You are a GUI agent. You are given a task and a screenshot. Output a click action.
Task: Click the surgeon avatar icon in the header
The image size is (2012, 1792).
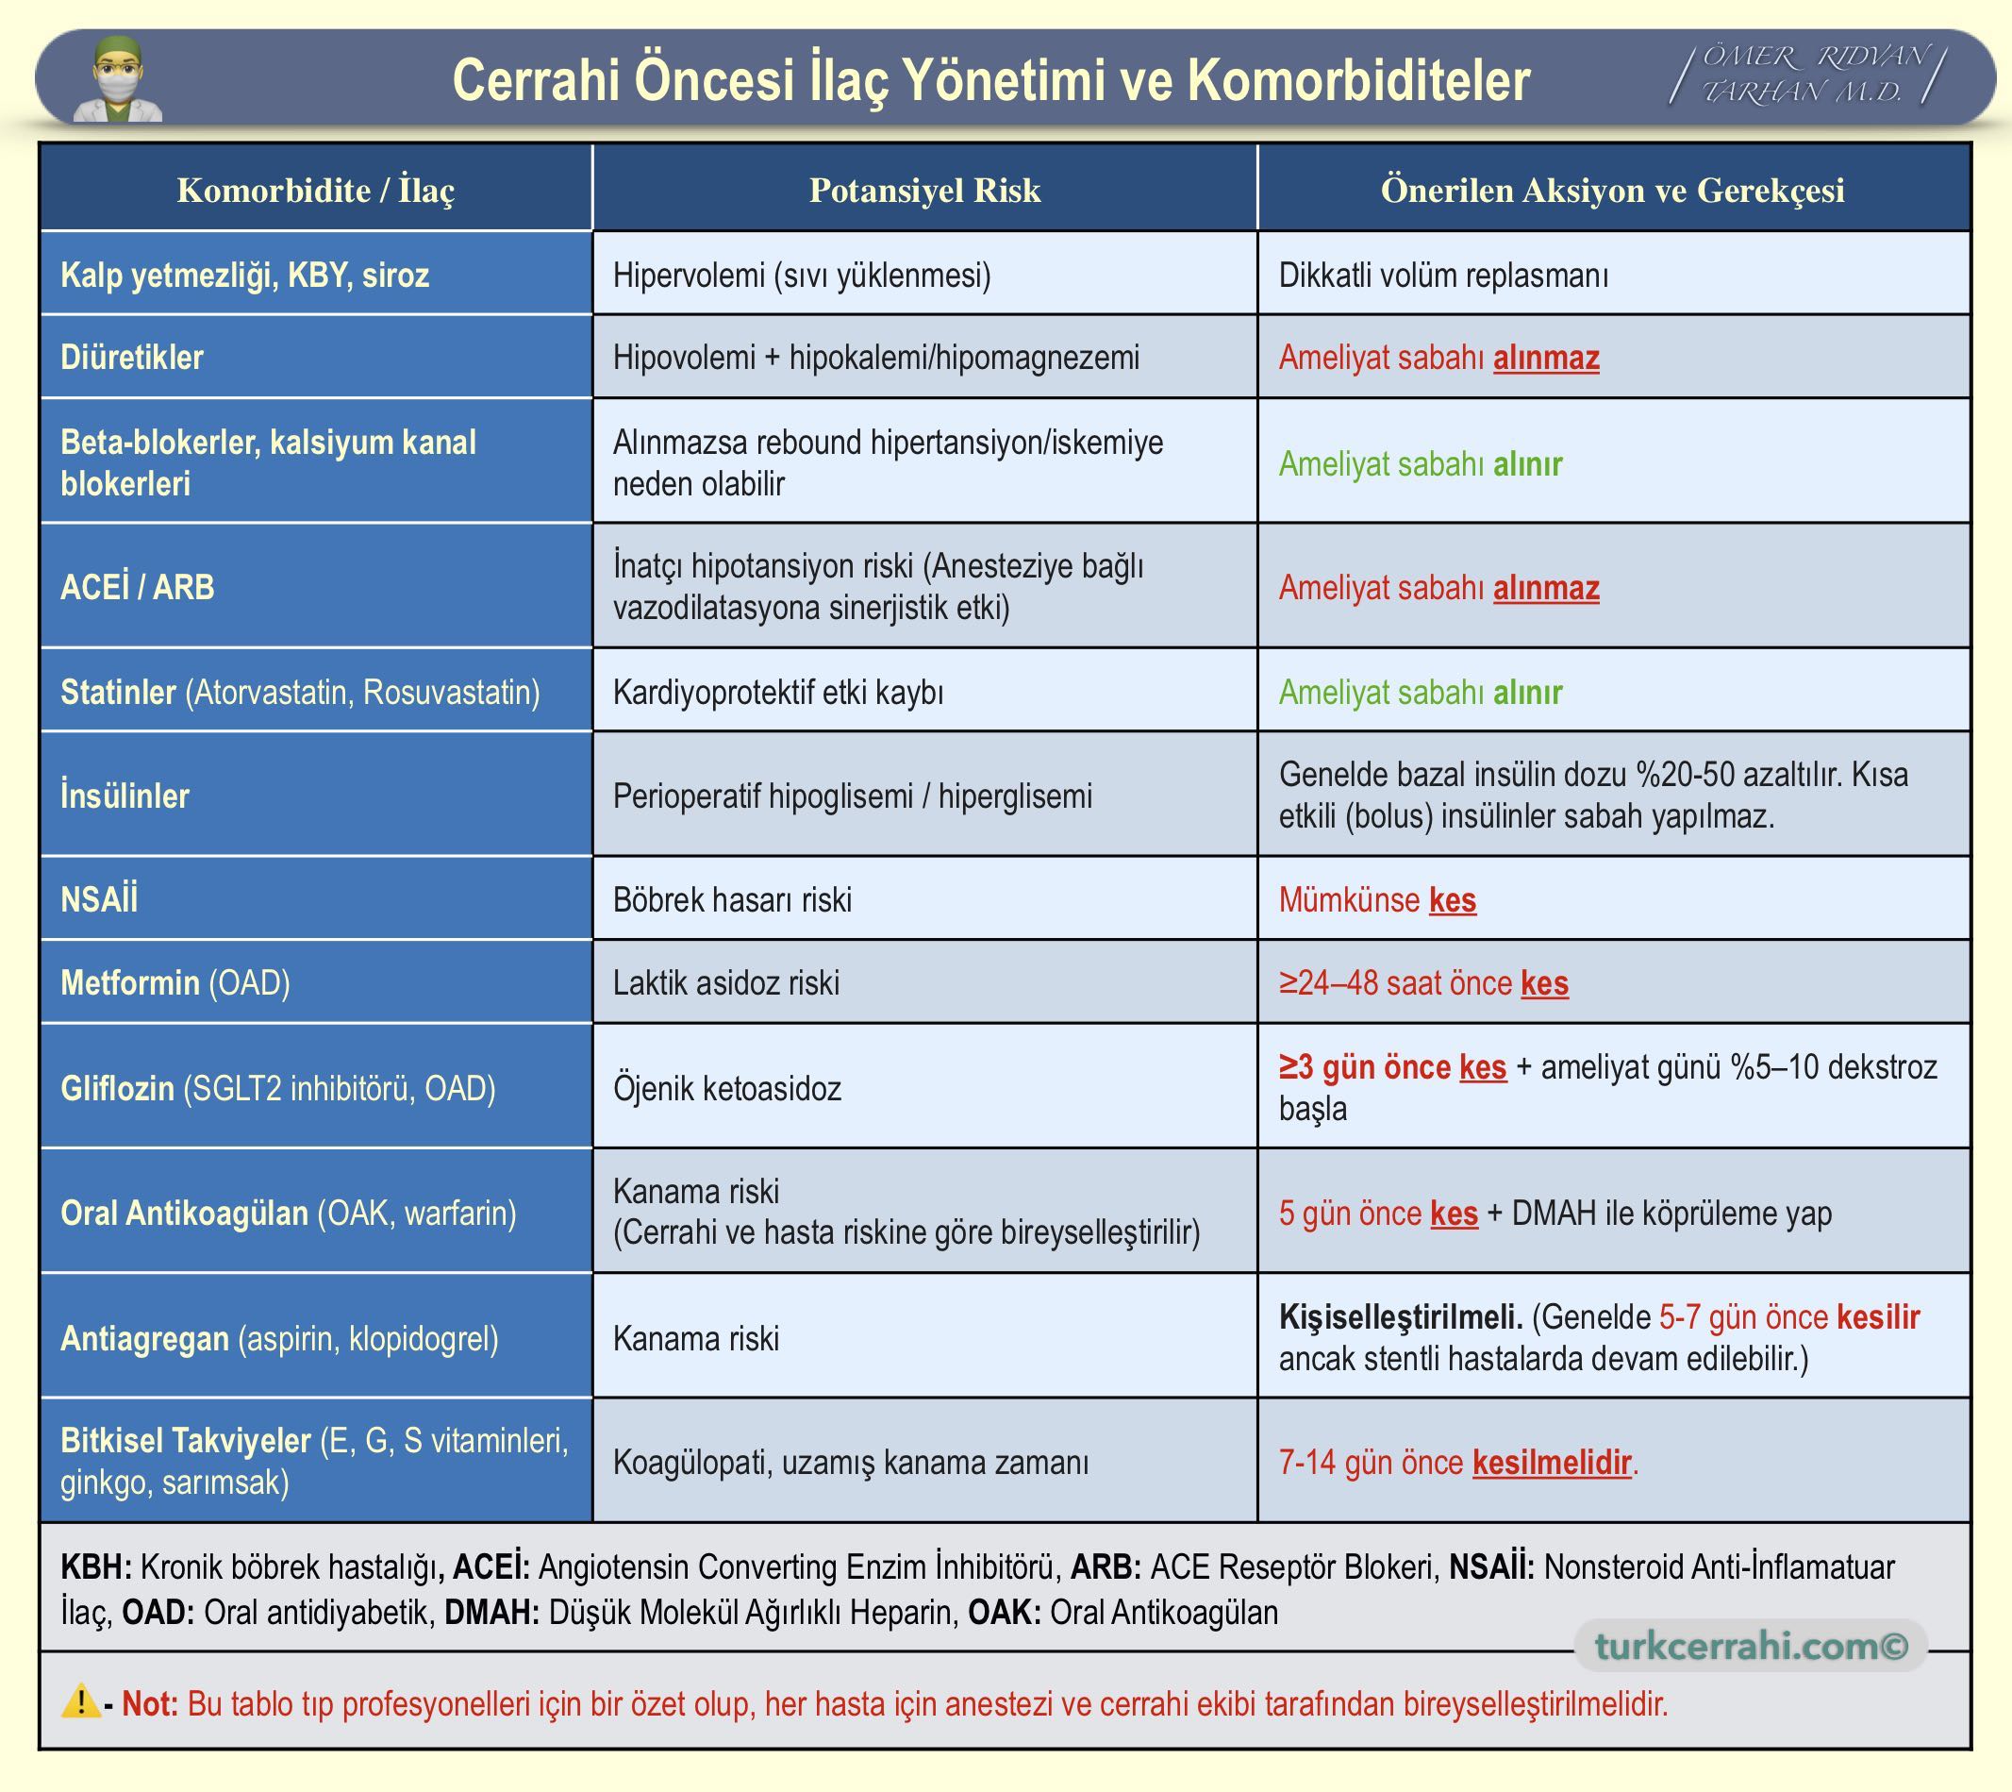pos(118,78)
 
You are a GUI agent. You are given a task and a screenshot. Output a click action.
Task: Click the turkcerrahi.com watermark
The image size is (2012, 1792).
pos(1751,1646)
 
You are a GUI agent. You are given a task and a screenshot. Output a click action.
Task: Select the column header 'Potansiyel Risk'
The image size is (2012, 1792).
pos(924,190)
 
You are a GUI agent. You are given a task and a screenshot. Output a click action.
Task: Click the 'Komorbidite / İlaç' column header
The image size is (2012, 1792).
pos(316,190)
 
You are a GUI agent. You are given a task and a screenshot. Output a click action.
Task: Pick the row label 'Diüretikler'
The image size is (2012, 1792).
pos(132,358)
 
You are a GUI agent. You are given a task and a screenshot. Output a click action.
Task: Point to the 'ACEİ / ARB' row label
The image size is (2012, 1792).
pos(137,587)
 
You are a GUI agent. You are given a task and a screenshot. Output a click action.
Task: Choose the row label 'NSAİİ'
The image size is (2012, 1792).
pos(98,899)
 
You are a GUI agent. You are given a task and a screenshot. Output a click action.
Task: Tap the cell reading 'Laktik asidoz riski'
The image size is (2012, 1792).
pos(725,982)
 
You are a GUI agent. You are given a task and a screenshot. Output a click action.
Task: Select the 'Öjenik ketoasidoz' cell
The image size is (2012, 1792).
pos(726,1088)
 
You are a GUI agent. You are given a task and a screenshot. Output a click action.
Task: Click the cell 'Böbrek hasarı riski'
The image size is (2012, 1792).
pos(731,899)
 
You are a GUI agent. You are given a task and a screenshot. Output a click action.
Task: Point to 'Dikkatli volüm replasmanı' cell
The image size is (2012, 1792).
pos(1443,275)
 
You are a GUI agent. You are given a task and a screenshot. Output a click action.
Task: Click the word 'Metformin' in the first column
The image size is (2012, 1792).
pos(130,982)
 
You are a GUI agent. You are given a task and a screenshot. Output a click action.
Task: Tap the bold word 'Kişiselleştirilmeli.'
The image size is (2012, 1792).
pos(1400,1317)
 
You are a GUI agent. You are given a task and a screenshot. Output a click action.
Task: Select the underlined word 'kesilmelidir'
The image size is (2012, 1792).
pos(1552,1462)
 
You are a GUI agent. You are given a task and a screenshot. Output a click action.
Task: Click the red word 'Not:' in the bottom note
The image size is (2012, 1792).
pos(150,1703)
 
